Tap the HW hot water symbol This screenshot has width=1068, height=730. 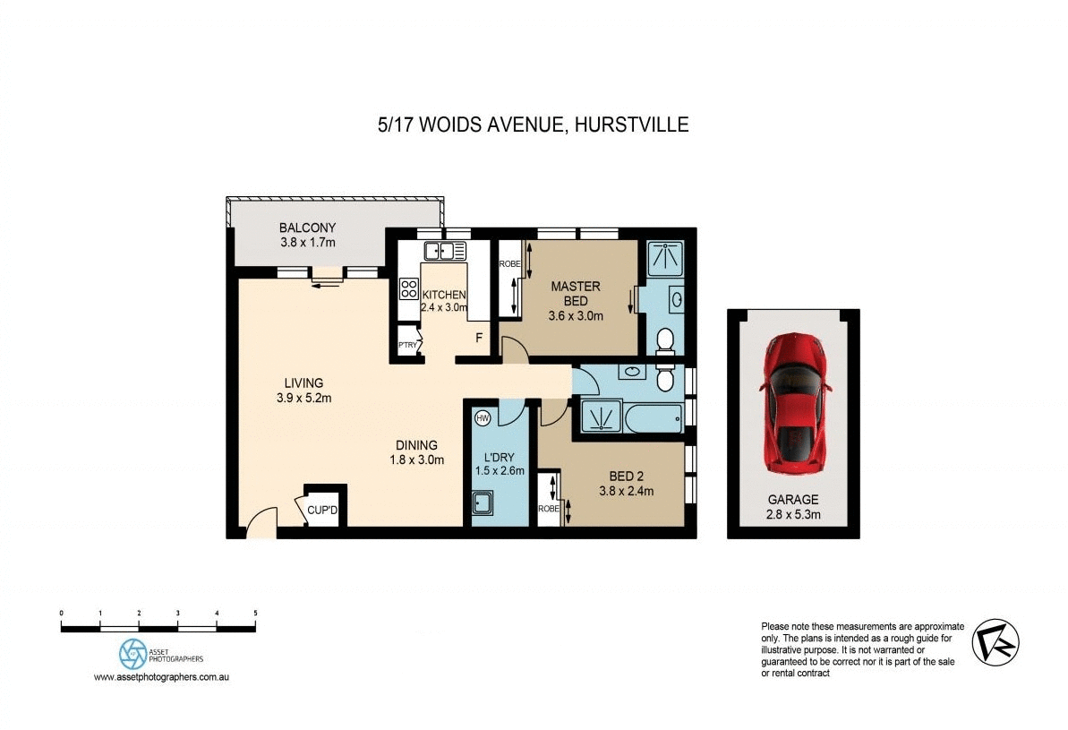483,417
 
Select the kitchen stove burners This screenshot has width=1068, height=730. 408,288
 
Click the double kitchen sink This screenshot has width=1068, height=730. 440,251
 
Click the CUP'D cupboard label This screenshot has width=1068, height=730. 321,511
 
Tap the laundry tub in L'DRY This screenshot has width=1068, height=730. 483,503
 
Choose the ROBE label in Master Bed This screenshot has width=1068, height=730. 509,263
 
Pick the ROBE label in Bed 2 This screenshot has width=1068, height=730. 547,509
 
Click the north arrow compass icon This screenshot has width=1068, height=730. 995,641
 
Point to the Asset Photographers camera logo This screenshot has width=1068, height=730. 132,651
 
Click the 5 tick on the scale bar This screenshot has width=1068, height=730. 256,614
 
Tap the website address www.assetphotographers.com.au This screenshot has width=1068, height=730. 162,678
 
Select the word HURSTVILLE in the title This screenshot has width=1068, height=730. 632,125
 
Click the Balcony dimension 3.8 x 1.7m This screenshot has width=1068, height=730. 306,242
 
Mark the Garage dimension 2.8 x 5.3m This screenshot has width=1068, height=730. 793,515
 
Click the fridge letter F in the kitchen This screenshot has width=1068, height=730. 479,339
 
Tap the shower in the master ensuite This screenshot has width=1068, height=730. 665,257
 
